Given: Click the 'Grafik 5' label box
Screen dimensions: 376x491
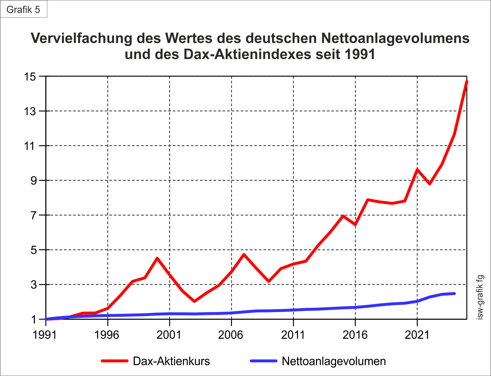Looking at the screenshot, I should [23, 9].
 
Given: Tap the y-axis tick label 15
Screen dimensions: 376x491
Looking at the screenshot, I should [30, 77].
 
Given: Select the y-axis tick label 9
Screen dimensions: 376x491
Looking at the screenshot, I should [34, 181].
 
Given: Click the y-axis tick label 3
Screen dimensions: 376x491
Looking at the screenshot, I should [34, 285].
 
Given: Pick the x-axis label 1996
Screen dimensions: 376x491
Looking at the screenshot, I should [107, 335].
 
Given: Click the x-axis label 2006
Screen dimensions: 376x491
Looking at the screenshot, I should [230, 335].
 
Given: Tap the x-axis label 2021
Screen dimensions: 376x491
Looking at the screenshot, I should [417, 335].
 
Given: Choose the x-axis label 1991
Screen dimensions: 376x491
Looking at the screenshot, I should [45, 335].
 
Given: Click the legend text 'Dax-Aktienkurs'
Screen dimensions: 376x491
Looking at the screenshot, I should [171, 361].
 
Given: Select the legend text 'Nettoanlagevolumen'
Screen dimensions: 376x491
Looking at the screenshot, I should [334, 361].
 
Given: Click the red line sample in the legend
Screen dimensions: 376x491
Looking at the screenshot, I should [115, 361].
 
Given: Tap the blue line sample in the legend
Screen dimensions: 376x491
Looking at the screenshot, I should [264, 361].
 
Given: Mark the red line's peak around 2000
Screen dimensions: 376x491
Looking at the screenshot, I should [157, 258].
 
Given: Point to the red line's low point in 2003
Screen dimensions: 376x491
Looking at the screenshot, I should [194, 301].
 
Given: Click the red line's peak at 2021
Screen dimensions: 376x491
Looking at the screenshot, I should [417, 170].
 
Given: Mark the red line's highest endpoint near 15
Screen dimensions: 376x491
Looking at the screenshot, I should [467, 82].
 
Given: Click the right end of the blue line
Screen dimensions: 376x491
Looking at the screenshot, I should [454, 293].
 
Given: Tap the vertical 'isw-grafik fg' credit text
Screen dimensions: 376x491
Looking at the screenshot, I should [480, 297].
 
